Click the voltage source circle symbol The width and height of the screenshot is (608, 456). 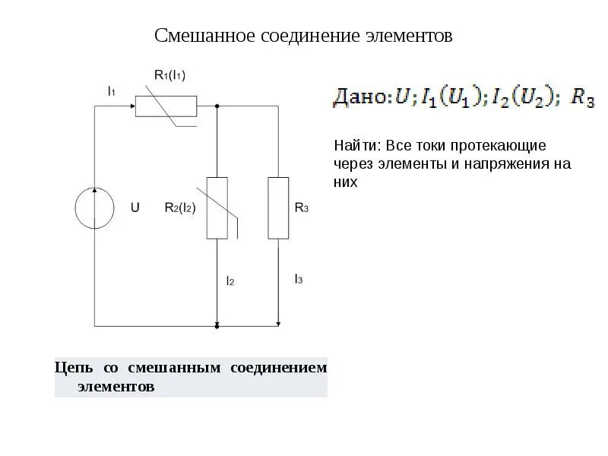(x=95, y=207)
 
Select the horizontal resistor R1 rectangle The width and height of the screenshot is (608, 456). (x=166, y=106)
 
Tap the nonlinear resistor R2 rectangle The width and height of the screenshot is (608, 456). (x=217, y=207)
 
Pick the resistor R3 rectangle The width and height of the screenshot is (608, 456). (x=278, y=207)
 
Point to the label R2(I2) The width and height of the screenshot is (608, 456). (x=180, y=207)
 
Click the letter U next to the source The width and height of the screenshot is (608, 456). (x=135, y=207)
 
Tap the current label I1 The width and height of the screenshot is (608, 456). (x=111, y=91)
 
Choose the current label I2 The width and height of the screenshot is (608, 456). (x=230, y=280)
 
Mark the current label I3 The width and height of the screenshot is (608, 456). (x=299, y=280)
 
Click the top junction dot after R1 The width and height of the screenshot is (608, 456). (x=217, y=106)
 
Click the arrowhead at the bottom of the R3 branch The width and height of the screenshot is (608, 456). (x=278, y=322)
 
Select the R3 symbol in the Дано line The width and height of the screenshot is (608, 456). (x=582, y=98)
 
